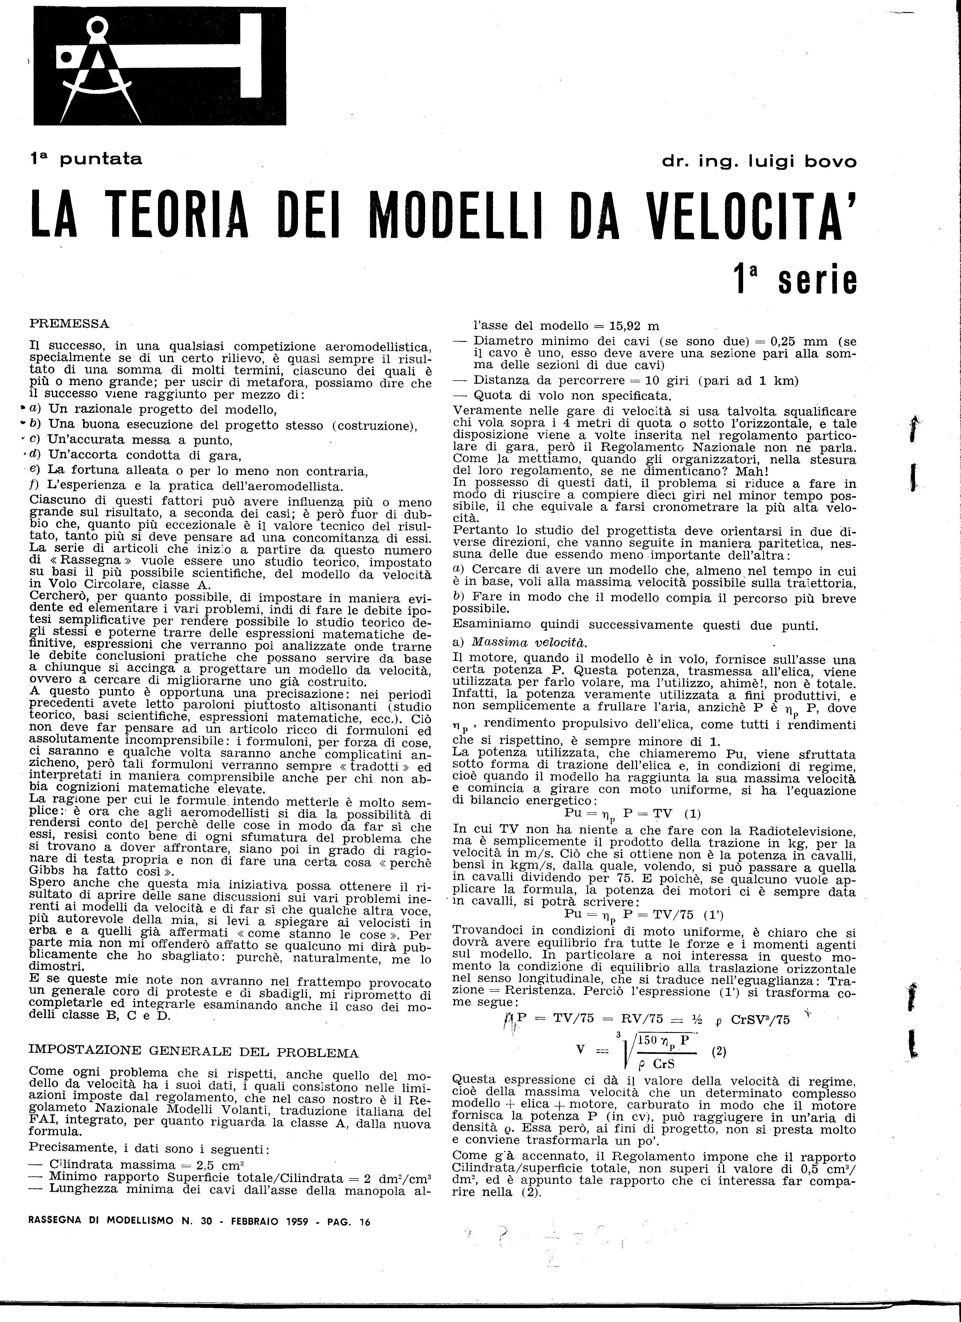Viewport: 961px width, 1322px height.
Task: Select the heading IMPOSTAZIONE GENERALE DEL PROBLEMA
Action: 194,1053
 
